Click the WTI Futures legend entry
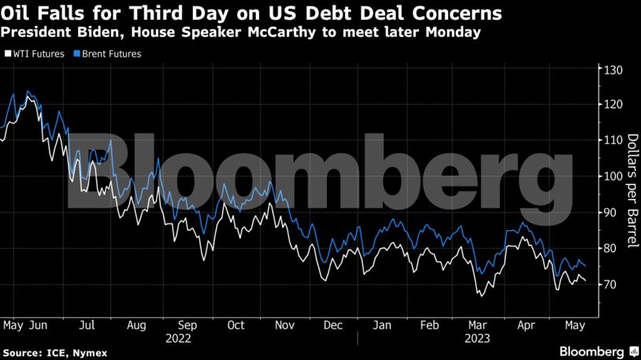[x=34, y=54]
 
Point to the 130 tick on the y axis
[x=613, y=70]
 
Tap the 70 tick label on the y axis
[x=610, y=284]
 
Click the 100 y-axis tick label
[x=613, y=176]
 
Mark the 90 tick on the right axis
[x=610, y=213]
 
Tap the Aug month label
[x=136, y=325]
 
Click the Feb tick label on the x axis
[x=430, y=325]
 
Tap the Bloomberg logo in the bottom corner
[x=592, y=350]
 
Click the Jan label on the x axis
[x=382, y=325]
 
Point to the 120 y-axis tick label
[x=613, y=106]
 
